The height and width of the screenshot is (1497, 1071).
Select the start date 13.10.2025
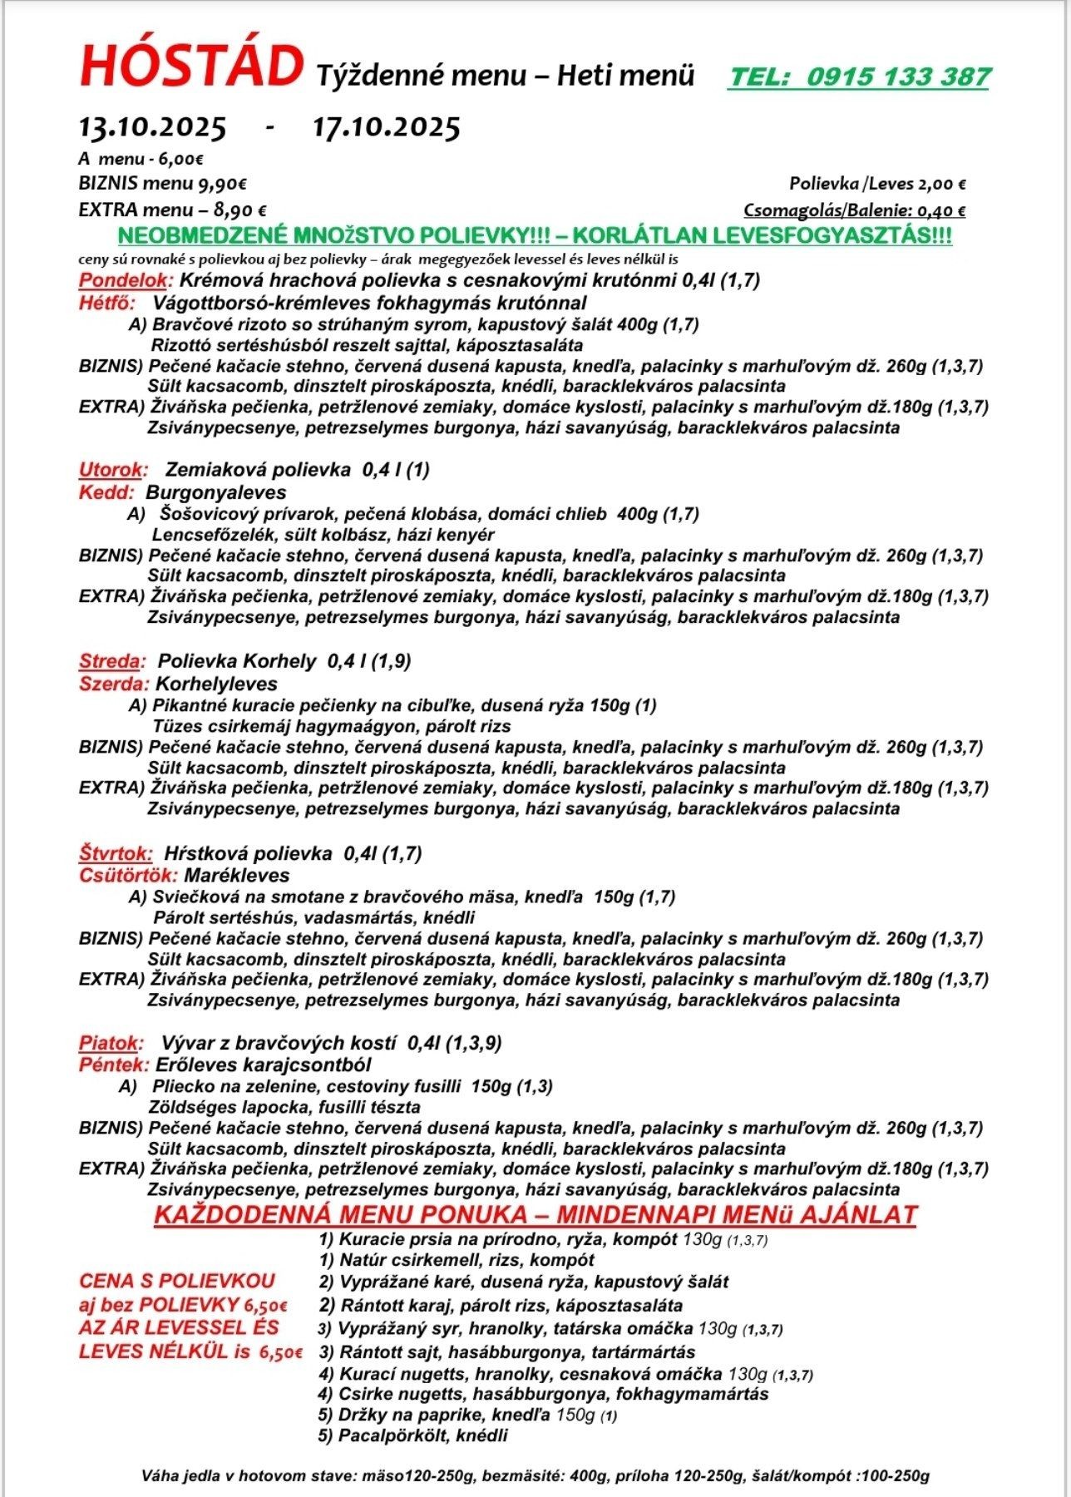tap(152, 128)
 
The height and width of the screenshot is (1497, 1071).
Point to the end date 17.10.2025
tap(386, 128)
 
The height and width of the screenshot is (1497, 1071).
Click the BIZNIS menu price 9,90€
tap(221, 184)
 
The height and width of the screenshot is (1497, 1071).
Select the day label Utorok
tap(112, 470)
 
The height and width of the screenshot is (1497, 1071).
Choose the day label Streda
tap(111, 662)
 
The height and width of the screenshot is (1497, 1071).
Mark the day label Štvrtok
tap(116, 853)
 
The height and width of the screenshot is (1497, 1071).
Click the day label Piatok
tap(111, 1043)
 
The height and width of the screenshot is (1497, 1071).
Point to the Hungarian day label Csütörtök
tap(128, 875)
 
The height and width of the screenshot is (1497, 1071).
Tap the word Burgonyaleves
tap(216, 492)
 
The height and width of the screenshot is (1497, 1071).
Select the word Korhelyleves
tap(217, 684)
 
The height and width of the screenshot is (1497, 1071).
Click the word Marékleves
tap(237, 875)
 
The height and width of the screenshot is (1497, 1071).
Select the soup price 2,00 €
tap(937, 185)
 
